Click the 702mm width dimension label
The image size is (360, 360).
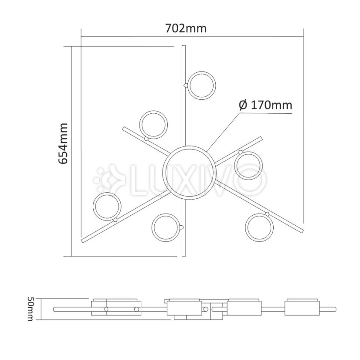click(x=186, y=29)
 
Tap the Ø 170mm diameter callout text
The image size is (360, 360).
click(x=265, y=105)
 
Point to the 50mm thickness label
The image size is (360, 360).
click(x=31, y=309)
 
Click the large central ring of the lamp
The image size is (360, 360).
click(x=188, y=173)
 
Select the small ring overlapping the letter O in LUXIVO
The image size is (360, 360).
click(x=249, y=165)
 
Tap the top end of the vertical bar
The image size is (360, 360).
click(x=184, y=47)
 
